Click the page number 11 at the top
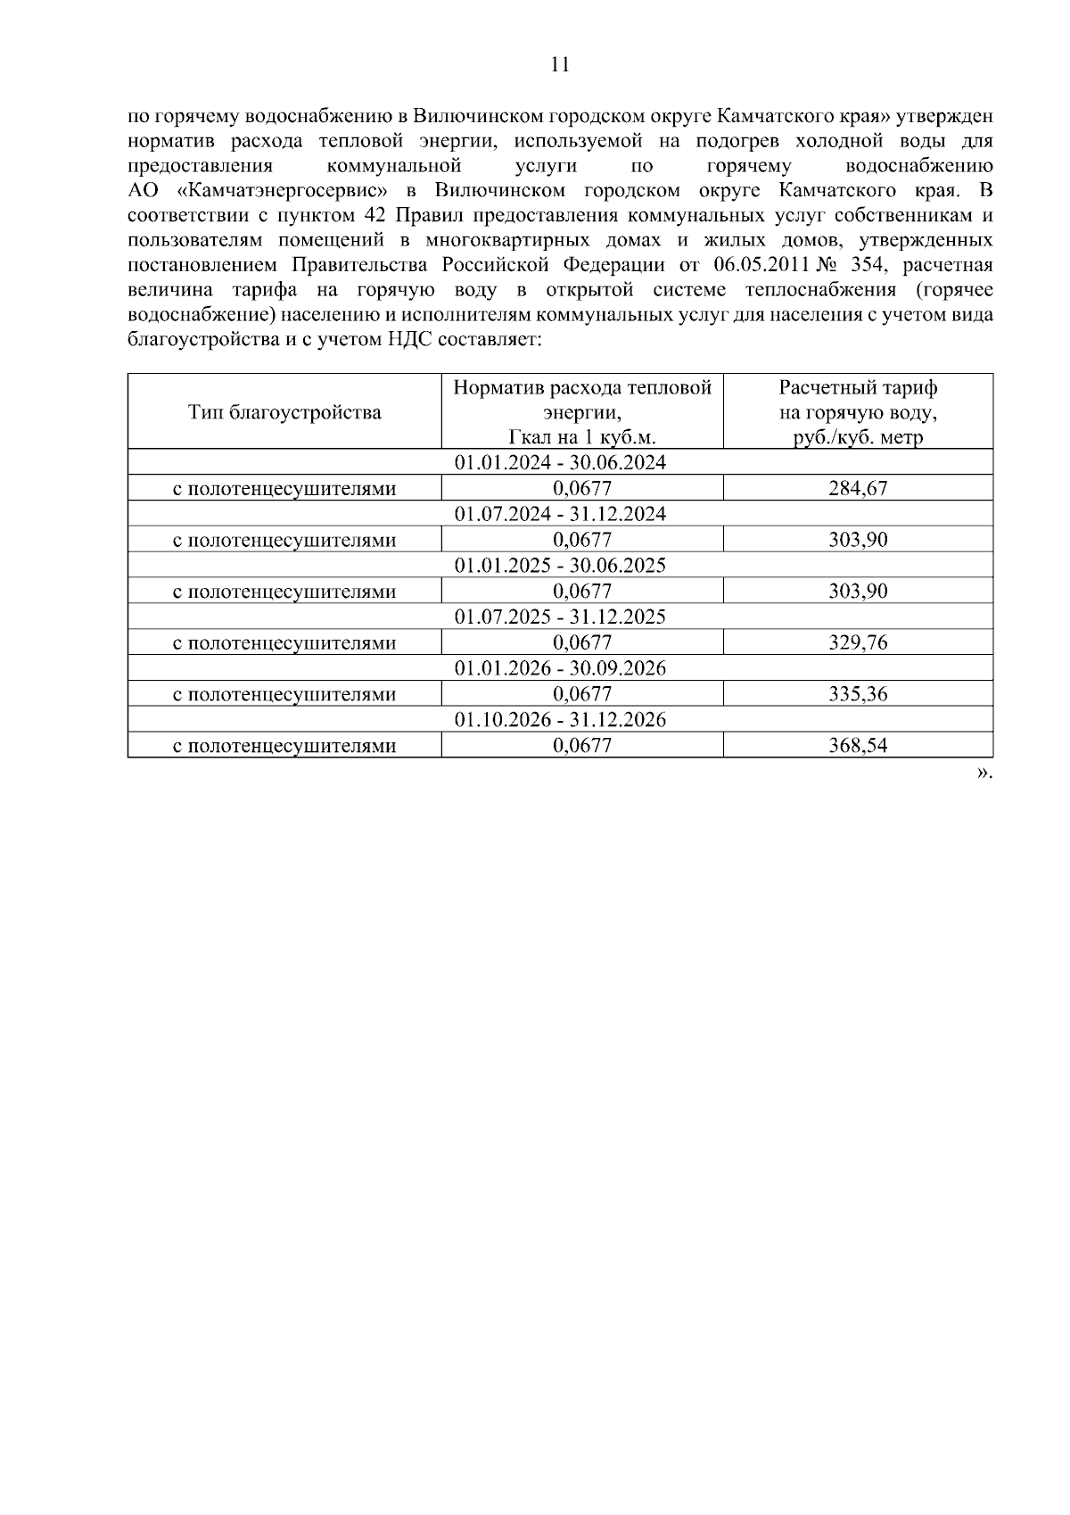point(560,64)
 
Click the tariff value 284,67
point(858,488)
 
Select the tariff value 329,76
point(858,642)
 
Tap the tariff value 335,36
point(858,694)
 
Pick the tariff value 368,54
point(858,745)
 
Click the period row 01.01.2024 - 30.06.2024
point(560,462)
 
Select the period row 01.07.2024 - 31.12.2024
point(560,514)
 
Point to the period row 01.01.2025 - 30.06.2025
point(560,566)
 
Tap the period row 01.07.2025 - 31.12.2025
point(560,617)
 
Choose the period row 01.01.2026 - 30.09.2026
point(560,668)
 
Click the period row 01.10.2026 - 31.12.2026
point(560,719)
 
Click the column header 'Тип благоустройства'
point(284,412)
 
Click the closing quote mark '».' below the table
point(984,773)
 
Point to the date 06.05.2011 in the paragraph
point(761,265)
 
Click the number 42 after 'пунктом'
point(374,216)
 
